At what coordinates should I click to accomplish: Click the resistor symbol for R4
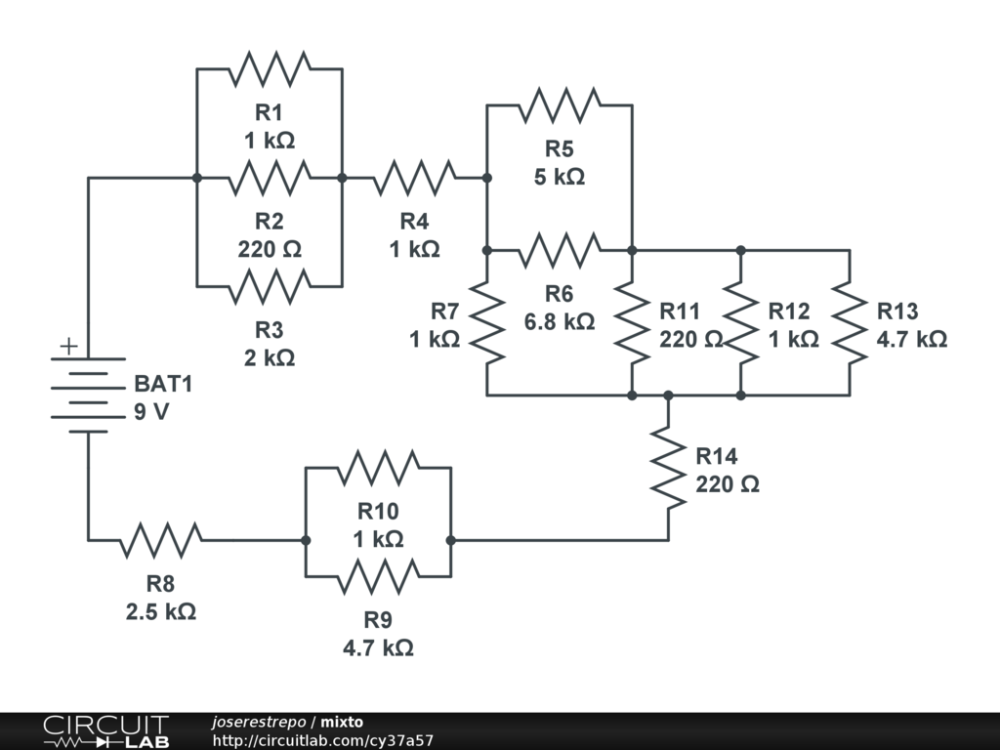pos(414,178)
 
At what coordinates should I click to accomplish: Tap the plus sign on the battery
pos(68,346)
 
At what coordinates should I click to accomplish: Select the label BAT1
pos(163,384)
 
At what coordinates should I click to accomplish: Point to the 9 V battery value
pos(151,411)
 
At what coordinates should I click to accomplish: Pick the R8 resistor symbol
pos(161,539)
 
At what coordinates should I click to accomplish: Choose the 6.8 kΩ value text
pos(560,320)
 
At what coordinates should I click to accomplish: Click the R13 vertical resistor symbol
pos(850,322)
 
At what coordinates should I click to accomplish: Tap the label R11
pos(680,312)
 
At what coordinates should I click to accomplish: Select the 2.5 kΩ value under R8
pos(161,612)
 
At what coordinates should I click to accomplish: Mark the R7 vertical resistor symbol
pos(487,322)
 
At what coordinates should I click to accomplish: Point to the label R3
pos(270,328)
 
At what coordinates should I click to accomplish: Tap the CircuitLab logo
pos(104,731)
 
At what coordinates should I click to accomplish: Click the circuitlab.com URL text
pos(322,741)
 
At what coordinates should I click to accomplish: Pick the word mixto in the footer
pos(342,722)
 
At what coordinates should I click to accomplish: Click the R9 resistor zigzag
pos(379,576)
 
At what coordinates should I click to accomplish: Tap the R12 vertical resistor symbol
pos(741,322)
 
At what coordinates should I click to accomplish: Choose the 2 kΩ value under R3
pos(270,357)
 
